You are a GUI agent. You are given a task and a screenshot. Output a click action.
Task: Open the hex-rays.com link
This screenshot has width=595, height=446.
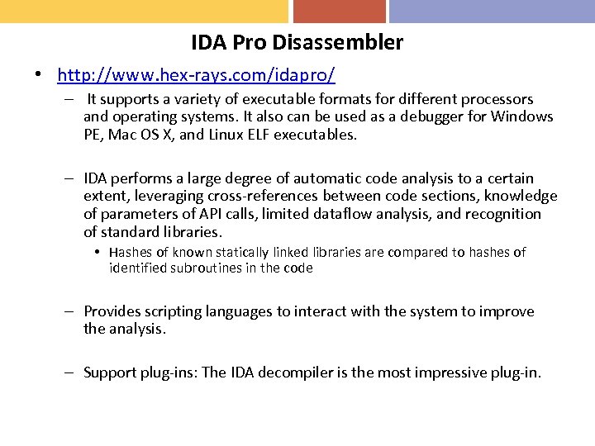[196, 76]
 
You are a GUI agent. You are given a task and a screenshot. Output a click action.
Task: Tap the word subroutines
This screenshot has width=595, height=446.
[203, 268]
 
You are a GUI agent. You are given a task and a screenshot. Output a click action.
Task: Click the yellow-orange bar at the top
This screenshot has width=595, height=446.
[144, 11]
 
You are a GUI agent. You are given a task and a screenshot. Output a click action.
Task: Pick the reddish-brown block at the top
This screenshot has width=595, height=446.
[339, 11]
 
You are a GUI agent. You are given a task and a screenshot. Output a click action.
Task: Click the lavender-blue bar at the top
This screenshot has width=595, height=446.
[492, 11]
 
